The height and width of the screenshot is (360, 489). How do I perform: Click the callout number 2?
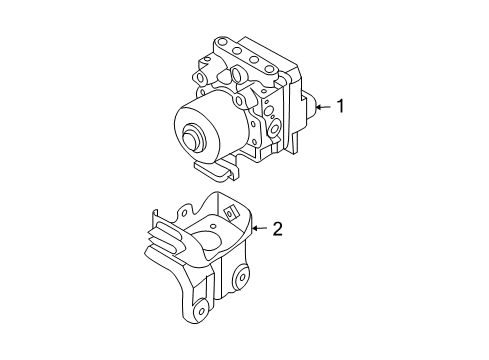click(278, 229)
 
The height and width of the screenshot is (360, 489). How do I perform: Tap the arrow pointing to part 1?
click(321, 106)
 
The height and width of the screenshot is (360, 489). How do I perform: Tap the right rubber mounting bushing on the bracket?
click(241, 281)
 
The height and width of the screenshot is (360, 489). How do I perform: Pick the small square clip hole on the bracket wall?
click(230, 213)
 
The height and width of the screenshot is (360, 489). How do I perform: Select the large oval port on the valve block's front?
click(244, 100)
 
